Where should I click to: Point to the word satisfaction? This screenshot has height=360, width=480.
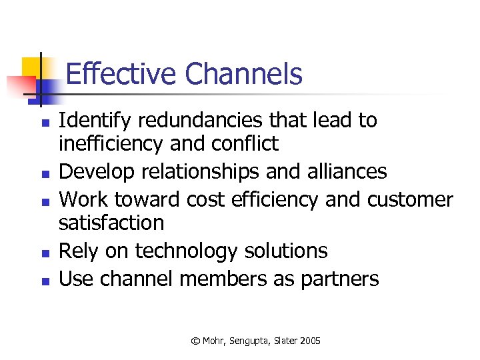point(111,222)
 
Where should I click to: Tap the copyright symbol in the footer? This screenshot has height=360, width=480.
point(195,341)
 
